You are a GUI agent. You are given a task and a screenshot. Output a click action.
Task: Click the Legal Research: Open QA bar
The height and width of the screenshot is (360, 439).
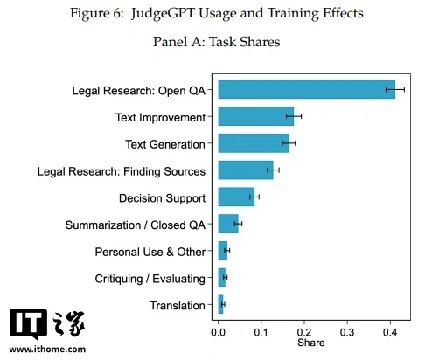point(307,89)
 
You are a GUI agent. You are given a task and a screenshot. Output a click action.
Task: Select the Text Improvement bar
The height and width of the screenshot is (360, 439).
point(256,116)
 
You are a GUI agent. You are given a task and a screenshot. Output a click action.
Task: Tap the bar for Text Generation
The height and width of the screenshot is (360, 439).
point(254,143)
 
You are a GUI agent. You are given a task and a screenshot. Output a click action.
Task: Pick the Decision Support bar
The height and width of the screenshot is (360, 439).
point(236,197)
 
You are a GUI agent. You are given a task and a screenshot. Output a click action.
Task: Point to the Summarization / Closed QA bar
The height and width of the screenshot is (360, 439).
point(228,224)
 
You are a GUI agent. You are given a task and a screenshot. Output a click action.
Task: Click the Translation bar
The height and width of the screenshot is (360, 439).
point(220,304)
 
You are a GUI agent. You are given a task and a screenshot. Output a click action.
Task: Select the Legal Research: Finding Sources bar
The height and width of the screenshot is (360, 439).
point(246,170)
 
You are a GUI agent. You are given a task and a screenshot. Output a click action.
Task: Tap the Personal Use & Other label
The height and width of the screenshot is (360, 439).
point(150,252)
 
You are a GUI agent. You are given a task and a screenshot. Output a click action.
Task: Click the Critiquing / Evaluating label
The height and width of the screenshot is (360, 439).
point(150,279)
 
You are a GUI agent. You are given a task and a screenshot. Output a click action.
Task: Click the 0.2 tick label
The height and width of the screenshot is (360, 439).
point(304,332)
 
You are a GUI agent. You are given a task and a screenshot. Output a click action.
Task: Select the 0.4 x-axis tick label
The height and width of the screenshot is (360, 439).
point(390,332)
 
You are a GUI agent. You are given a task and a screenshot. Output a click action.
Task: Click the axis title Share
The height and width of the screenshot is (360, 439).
point(311,343)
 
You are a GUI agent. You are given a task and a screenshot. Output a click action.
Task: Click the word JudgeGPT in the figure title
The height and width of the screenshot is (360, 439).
point(163,14)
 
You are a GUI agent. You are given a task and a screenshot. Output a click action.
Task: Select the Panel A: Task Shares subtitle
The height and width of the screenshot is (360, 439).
point(217,42)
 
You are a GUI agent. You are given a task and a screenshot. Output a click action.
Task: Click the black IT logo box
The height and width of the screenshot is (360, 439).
point(28,324)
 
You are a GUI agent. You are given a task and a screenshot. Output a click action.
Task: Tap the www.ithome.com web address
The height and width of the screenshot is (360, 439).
point(47,350)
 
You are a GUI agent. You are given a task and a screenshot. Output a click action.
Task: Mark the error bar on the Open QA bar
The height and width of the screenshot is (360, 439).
point(395,89)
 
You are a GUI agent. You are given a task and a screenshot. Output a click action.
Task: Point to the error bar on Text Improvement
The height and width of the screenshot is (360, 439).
point(294,116)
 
